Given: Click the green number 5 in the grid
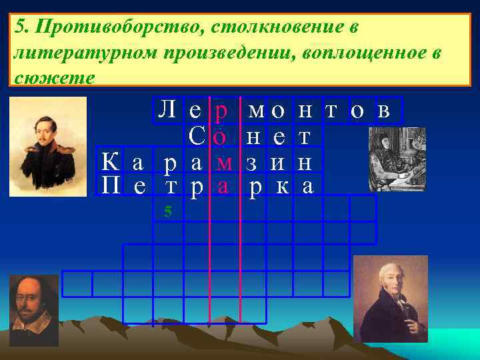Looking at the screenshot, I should pos(168,211).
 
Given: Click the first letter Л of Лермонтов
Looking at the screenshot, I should pos(166,110).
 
